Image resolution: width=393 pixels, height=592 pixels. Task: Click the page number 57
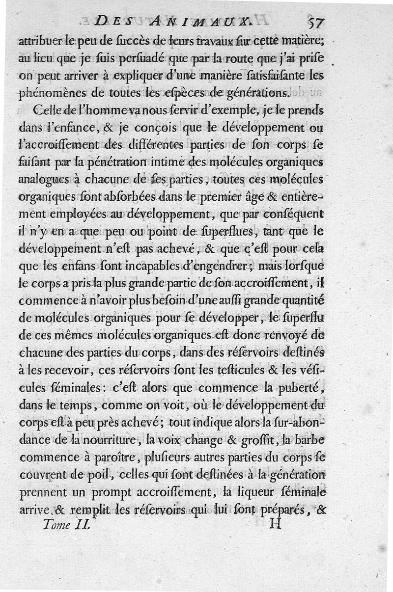(x=315, y=23)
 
